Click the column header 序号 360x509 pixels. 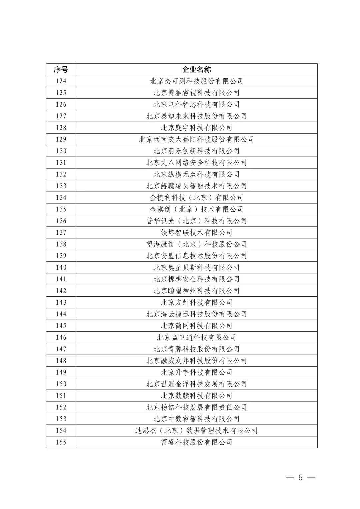click(61, 69)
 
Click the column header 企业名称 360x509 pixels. click(196, 69)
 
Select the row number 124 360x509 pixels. click(61, 81)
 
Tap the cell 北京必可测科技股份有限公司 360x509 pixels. click(196, 81)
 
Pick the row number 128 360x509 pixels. click(61, 128)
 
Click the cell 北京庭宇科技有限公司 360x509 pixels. click(196, 128)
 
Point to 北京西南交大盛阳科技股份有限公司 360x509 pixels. click(196, 139)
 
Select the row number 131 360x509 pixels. click(61, 163)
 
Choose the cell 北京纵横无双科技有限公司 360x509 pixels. click(196, 174)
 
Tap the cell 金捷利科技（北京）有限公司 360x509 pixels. click(196, 198)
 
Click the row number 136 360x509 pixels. click(61, 221)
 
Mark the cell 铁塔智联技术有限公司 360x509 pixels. click(196, 233)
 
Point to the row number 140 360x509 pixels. click(61, 267)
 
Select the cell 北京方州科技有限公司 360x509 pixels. click(196, 302)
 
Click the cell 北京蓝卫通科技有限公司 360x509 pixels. click(196, 337)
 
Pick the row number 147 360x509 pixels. click(61, 349)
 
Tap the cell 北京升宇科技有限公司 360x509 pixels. click(196, 372)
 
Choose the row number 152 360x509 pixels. click(61, 407)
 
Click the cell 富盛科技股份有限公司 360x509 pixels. click(196, 442)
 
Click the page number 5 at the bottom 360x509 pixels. click(300, 477)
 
